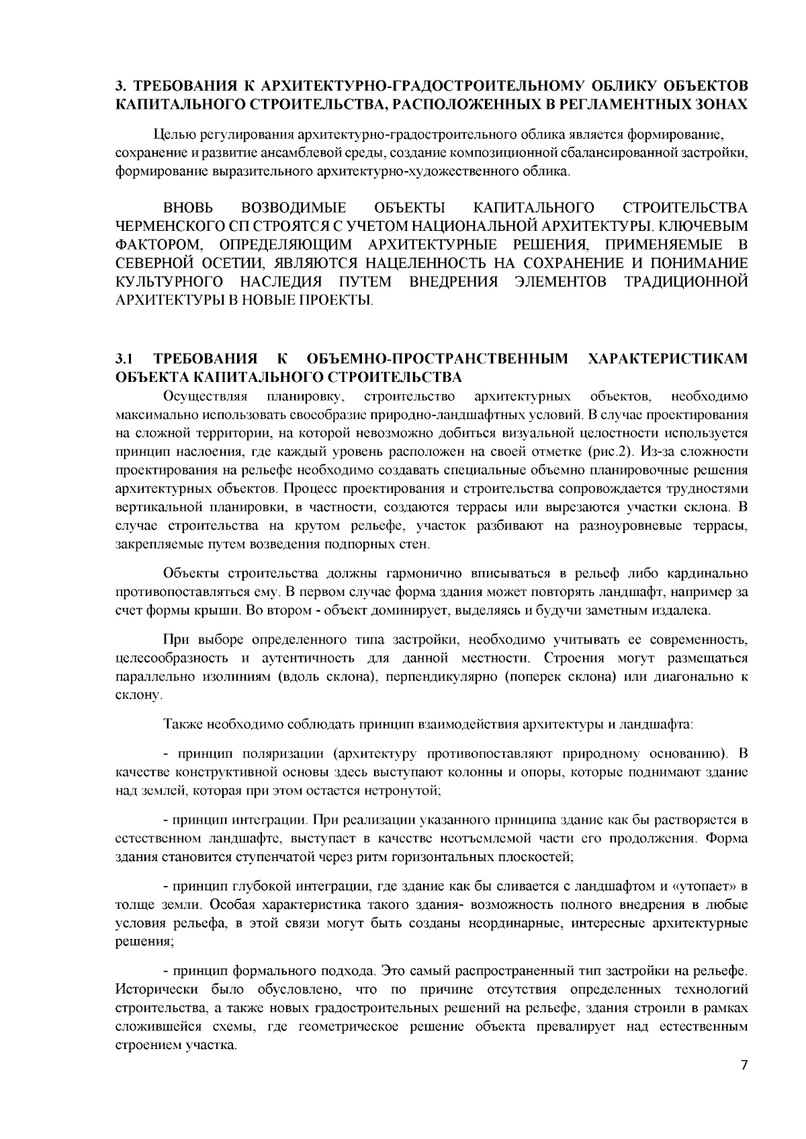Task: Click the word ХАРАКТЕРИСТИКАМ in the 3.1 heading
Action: [x=668, y=358]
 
